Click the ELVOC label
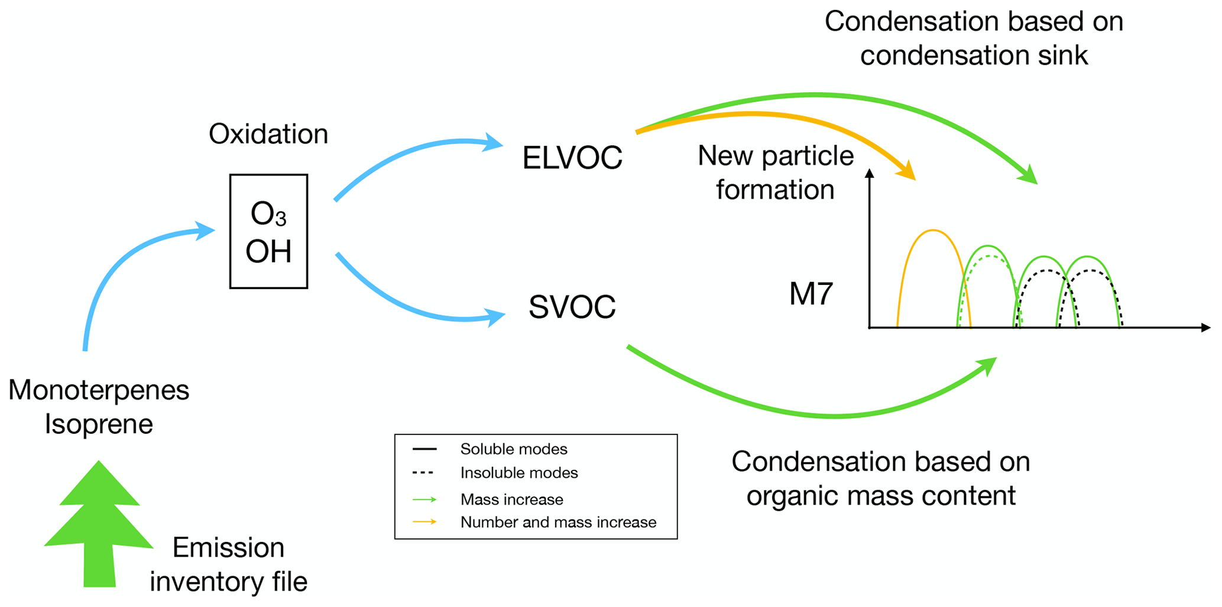(x=572, y=158)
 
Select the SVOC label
(x=572, y=307)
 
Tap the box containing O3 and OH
(x=268, y=231)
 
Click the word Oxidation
(x=268, y=134)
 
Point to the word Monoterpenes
(x=99, y=390)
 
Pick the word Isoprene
(x=99, y=424)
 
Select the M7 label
(x=811, y=294)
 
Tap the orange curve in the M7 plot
(x=932, y=231)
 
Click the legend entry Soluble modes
(x=513, y=449)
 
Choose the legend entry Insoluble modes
(x=518, y=473)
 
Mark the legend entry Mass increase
(x=511, y=499)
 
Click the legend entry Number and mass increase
(x=558, y=522)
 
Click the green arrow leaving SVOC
(x=828, y=416)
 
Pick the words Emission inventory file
(x=228, y=564)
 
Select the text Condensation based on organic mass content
(x=881, y=478)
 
